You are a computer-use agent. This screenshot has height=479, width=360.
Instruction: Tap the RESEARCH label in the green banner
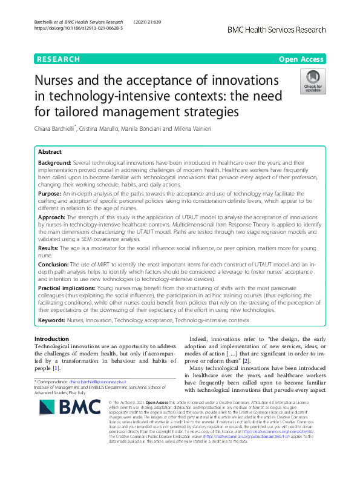(x=58, y=59)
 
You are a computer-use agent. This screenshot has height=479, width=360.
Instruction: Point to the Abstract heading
(x=50, y=153)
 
